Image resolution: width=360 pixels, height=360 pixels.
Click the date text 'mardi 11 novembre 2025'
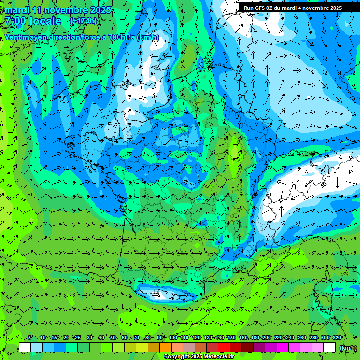coord(58,10)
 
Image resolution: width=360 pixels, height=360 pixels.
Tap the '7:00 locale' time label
coord(33,21)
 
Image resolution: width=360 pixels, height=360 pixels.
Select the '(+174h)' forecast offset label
coord(83,21)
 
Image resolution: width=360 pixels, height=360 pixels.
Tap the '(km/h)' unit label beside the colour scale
coord(347,347)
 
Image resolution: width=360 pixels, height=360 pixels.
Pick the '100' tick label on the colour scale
coord(173,338)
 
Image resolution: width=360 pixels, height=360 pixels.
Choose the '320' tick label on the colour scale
coord(337,338)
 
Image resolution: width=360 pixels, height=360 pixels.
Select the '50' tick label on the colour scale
coord(113,338)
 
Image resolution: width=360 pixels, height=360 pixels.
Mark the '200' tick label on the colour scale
coord(267,338)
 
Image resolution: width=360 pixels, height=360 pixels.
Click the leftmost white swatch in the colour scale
coord(25,347)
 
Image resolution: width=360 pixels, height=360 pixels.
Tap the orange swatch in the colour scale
coord(165,347)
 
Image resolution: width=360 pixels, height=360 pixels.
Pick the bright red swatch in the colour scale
coord(224,347)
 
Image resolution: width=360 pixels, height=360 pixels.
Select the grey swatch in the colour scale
coord(189,347)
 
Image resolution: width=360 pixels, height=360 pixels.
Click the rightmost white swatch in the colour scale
coord(330,347)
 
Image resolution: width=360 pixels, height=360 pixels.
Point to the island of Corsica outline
coord(322,295)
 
